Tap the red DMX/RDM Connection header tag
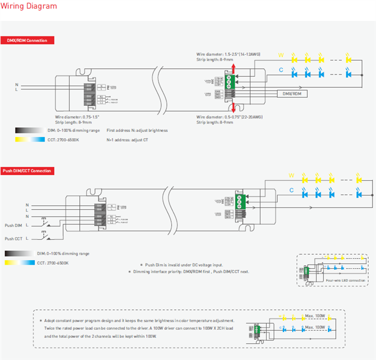tap(28, 40)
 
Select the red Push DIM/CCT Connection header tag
tap(34, 170)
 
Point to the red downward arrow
tap(233, 108)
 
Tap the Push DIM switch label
tap(13, 225)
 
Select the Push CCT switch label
tap(13, 238)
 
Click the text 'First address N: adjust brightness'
tap(137, 131)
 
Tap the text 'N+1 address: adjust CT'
tap(128, 140)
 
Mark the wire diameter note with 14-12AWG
tap(228, 54)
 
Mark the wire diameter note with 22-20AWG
tap(229, 117)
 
